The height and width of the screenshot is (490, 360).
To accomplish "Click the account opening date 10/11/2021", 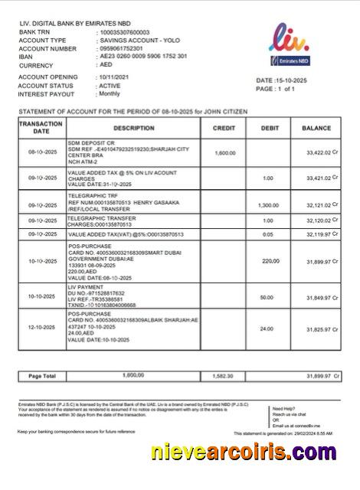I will [116, 77].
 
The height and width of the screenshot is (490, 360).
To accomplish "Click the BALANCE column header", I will [316, 128].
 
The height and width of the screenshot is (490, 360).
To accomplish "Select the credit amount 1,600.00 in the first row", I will [225, 153].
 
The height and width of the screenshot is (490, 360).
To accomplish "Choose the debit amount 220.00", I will [270, 261].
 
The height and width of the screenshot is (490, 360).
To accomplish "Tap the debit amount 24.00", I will [266, 328].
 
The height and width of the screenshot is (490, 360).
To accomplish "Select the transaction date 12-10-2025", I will [42, 328].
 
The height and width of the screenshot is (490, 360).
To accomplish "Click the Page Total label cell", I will [42, 377].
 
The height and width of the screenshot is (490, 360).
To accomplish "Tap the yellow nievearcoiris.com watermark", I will [248, 456].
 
